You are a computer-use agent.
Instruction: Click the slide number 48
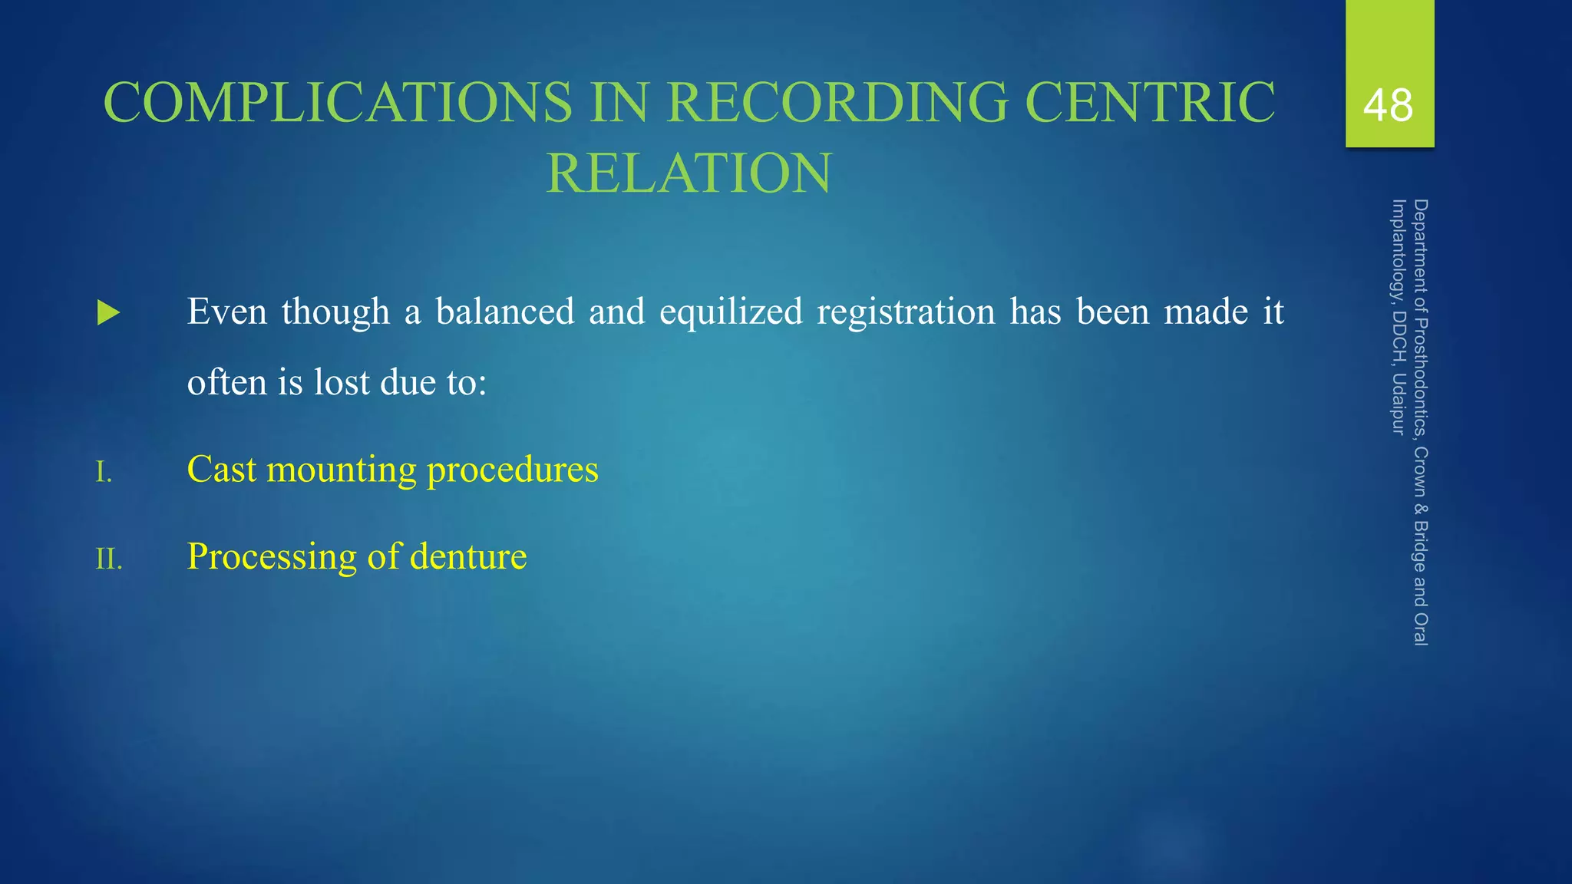[1388, 106]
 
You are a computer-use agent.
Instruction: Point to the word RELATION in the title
[689, 173]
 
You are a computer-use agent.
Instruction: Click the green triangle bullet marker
[109, 313]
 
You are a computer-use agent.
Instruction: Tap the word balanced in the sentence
[505, 312]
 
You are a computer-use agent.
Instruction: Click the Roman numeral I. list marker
[104, 472]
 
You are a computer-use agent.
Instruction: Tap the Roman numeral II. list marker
[108, 559]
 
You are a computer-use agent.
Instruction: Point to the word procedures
[512, 470]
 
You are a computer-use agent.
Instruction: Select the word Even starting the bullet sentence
[227, 312]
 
